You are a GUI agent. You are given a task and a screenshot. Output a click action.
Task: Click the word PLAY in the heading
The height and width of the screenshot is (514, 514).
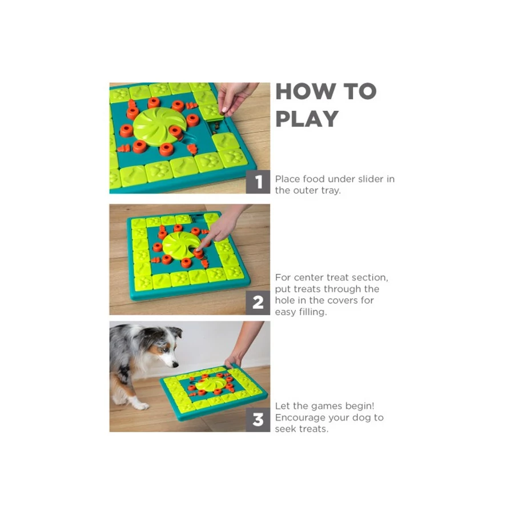click(307, 119)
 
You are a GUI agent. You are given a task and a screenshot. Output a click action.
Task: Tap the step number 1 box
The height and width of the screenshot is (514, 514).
click(258, 182)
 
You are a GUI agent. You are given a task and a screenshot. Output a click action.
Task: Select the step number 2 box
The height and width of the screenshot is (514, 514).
click(258, 303)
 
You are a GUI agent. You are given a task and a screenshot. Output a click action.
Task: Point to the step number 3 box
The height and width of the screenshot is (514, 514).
click(258, 420)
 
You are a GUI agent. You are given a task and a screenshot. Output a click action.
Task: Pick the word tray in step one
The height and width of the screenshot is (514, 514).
click(331, 190)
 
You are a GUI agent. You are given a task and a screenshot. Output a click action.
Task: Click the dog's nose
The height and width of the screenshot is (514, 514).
click(175, 364)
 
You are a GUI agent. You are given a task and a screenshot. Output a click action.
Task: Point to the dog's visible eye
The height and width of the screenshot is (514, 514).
click(165, 350)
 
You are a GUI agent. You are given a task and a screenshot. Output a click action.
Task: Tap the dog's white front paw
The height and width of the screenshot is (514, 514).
click(141, 406)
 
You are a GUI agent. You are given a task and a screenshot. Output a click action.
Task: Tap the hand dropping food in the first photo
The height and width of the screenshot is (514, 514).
click(235, 98)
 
